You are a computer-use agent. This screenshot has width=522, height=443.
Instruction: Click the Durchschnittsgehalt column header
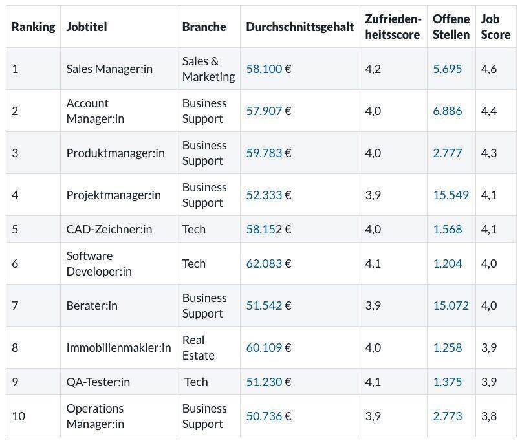coord(299,27)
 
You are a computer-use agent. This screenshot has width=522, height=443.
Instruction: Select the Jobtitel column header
coord(86,27)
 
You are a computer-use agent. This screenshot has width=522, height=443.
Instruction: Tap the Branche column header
coord(204,27)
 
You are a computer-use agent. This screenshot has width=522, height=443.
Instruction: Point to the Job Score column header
coord(495,27)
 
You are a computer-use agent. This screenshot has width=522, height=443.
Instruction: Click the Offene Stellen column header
coord(451,27)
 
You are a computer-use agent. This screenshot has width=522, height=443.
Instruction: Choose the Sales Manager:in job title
coord(109,69)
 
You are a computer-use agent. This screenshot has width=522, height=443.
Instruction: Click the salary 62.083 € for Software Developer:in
coord(268,263)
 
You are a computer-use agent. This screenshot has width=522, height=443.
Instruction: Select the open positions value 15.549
coord(450,195)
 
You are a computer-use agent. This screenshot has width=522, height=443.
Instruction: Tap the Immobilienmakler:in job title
coord(118,347)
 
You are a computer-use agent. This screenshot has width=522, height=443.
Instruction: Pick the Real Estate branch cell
coord(198,347)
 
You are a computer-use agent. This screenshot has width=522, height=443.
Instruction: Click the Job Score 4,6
coord(488,69)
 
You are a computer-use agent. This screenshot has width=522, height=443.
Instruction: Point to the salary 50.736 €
coord(268,416)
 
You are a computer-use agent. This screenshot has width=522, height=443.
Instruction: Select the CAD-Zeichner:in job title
coord(109,229)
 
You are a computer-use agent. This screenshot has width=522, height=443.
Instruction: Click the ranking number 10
coord(18,416)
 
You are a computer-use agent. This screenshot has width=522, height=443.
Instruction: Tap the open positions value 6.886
coord(448,111)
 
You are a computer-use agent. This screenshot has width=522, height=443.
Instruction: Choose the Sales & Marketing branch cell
coord(208,69)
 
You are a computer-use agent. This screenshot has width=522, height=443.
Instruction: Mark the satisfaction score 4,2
coord(373,69)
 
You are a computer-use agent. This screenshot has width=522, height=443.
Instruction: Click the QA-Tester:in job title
coord(98,382)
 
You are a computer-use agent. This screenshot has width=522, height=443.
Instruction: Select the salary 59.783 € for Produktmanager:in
coord(268,153)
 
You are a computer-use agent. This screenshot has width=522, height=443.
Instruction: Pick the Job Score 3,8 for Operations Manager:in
coord(488,416)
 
